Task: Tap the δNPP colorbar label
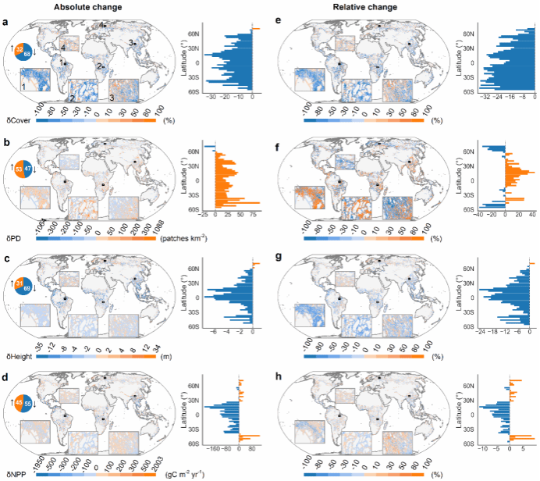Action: click(16, 473)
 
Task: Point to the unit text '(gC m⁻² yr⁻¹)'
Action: click(183, 473)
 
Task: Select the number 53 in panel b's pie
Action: click(18, 168)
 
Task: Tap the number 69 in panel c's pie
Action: click(29, 290)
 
